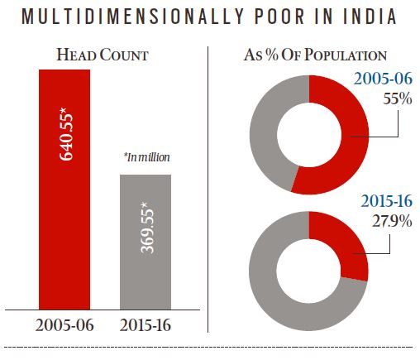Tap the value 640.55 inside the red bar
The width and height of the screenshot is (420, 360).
click(65, 125)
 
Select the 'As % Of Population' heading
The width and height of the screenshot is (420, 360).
click(315, 55)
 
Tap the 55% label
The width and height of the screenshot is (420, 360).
click(385, 100)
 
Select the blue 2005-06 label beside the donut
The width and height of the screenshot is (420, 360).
click(384, 80)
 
